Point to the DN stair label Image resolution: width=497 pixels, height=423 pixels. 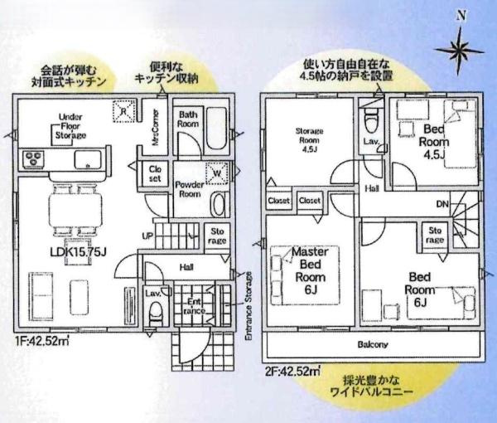pyautogui.click(x=443, y=203)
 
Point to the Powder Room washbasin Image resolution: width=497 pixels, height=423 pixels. pyautogui.click(x=218, y=205)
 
